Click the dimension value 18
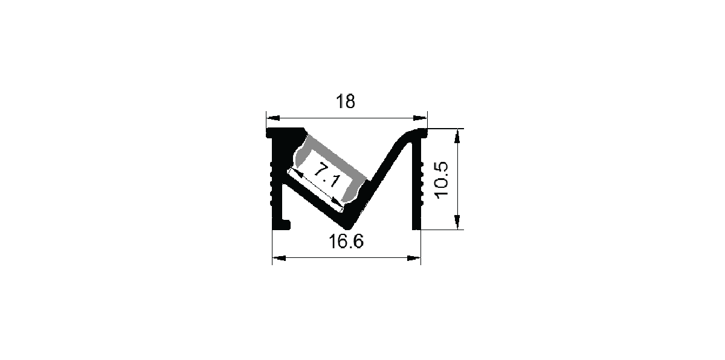(x=346, y=101)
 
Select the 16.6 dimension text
(x=346, y=241)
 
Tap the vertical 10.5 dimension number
(x=442, y=180)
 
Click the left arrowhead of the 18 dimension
(x=273, y=118)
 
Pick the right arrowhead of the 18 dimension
(x=420, y=118)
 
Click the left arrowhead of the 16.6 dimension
(x=279, y=258)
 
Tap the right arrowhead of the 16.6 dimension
(x=414, y=258)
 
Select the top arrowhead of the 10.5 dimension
(x=457, y=136)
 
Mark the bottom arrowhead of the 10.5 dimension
(x=457, y=222)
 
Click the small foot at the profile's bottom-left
(x=282, y=225)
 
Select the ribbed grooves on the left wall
(x=272, y=183)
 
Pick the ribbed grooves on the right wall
(x=422, y=183)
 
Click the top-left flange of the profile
(x=285, y=132)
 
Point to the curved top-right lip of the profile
(x=411, y=133)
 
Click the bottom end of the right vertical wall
(x=416, y=228)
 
